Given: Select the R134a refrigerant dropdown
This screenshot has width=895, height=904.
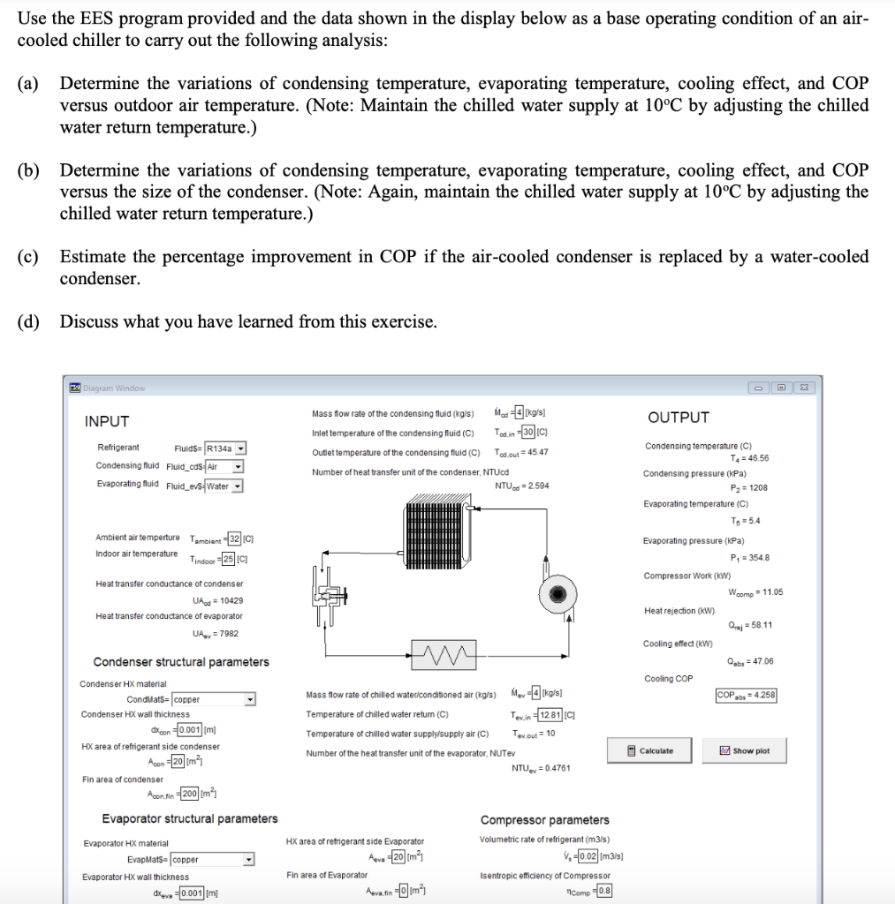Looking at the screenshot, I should tap(225, 448).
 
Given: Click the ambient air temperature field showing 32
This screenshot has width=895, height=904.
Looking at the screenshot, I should tap(234, 539).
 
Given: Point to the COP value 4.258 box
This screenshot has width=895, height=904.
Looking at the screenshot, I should tap(746, 696).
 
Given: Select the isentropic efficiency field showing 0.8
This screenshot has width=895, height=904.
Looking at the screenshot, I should tap(603, 891).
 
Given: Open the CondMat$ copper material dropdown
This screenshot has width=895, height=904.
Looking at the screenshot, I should tap(213, 699).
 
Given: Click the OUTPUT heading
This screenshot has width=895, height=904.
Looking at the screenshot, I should tap(678, 418).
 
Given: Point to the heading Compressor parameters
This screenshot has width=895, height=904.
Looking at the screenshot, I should tap(544, 820).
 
